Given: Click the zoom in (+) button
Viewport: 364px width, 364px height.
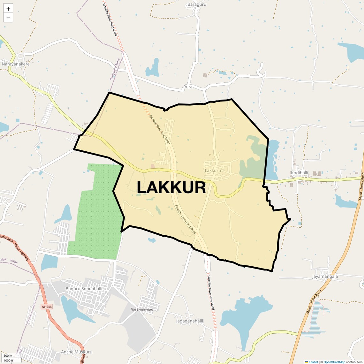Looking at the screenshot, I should point(8,9).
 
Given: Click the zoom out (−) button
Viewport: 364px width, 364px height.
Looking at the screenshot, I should point(8,18).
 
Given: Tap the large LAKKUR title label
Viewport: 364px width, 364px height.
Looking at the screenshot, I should point(171,187).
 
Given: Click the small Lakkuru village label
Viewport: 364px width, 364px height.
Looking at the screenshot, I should point(213,171).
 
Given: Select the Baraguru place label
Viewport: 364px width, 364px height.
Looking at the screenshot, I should point(197,4).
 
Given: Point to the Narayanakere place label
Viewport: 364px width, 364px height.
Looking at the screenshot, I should point(16,64).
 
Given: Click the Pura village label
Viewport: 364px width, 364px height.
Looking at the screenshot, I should point(188,87).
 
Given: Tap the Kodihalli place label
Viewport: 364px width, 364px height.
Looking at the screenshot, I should point(300,173).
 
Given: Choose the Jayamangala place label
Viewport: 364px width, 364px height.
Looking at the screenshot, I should point(325,277).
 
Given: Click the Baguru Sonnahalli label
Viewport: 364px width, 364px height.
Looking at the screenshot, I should point(84,289).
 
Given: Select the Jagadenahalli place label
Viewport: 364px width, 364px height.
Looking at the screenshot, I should point(189,321).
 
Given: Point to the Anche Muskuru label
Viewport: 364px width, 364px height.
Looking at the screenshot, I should point(77,352).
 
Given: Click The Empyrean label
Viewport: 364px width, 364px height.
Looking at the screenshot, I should point(141,309).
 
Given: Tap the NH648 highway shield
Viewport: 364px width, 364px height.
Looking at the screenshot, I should point(46,307).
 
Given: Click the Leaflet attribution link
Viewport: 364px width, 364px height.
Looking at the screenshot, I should point(313,362).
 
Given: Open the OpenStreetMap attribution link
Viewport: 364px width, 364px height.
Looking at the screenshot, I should point(334,362).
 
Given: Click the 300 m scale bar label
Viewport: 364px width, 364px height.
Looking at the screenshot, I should point(8,356).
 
